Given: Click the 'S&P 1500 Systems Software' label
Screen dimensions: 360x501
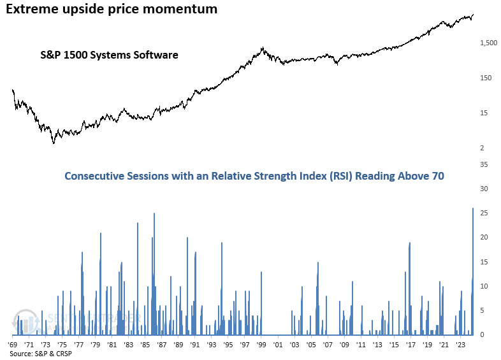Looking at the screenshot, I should coord(106,55).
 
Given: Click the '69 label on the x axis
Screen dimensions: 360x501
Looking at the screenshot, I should coord(13,344).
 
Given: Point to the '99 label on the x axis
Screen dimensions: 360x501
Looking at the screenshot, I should coord(261,344).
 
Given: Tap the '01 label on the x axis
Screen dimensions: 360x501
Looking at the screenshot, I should coord(278,344).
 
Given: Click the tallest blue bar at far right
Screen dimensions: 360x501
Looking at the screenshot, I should coord(472,274).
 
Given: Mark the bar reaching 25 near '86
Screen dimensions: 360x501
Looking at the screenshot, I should coord(154,274).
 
